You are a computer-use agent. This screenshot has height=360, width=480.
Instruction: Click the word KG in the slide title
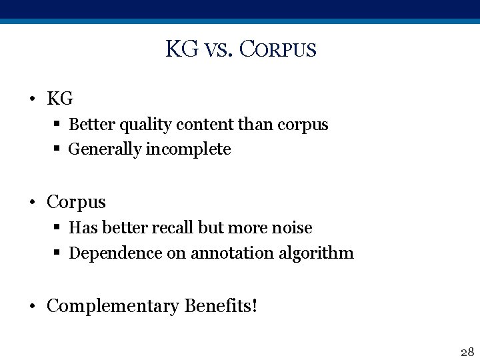(181, 49)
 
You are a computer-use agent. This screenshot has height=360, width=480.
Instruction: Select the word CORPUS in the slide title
(277, 50)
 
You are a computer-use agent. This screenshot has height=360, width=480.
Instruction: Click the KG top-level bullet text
(60, 99)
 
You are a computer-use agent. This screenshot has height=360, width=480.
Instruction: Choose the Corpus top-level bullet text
(76, 201)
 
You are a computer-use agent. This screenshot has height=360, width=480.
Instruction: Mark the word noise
(292, 228)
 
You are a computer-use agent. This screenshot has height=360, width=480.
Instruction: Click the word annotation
(232, 253)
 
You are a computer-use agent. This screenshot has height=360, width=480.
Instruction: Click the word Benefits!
(220, 306)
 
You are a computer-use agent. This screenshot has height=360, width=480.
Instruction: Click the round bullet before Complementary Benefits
(32, 307)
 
